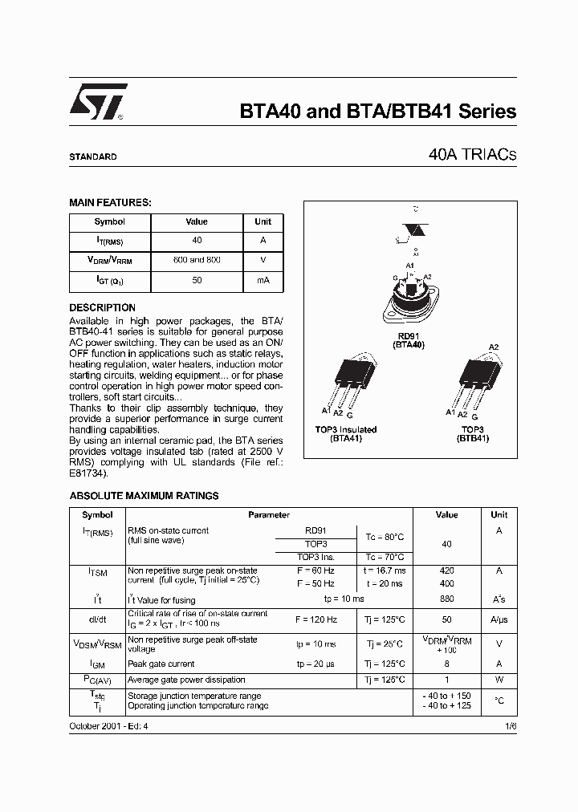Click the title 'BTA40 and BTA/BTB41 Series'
pyautogui.click(x=378, y=112)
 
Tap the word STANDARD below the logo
pyautogui.click(x=92, y=157)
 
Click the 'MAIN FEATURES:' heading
pyautogui.click(x=110, y=203)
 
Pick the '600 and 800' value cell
pyautogui.click(x=197, y=261)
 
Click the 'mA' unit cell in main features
pyautogui.click(x=263, y=281)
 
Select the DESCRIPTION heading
pyautogui.click(x=102, y=307)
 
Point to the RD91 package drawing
pyautogui.click(x=409, y=299)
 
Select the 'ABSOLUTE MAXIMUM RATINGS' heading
pyautogui.click(x=144, y=496)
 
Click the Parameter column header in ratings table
pyautogui.click(x=269, y=515)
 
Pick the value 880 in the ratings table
pyautogui.click(x=447, y=599)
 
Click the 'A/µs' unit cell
pyautogui.click(x=499, y=620)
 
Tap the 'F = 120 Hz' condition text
pyautogui.click(x=315, y=619)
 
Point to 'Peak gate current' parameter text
pyautogui.click(x=161, y=664)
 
